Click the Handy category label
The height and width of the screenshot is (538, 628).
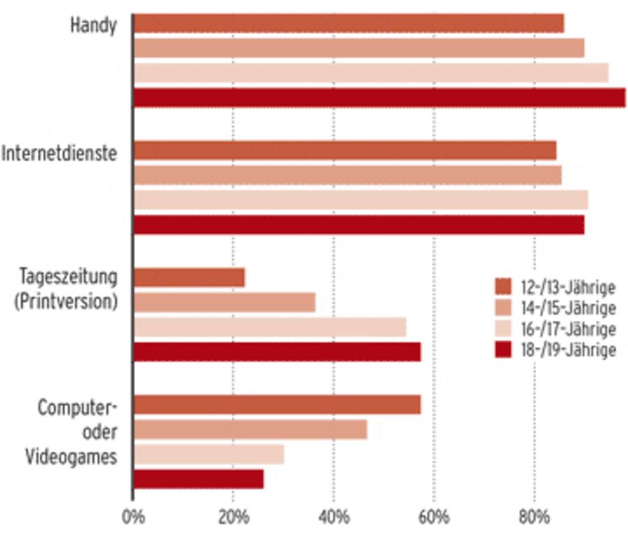(93, 25)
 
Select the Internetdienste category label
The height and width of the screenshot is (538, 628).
(59, 154)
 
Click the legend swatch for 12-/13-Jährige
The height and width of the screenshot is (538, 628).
(503, 287)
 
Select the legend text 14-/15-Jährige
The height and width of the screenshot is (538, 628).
(567, 308)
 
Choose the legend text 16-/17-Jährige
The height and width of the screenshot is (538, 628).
(567, 329)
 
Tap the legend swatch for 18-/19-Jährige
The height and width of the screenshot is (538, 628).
(503, 349)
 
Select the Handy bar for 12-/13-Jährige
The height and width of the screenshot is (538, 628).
(348, 23)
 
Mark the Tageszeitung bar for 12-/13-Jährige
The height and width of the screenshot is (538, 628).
(188, 277)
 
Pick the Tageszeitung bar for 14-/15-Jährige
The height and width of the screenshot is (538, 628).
(224, 303)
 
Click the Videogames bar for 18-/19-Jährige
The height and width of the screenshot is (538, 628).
(198, 479)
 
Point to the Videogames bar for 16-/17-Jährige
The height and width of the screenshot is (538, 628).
(209, 454)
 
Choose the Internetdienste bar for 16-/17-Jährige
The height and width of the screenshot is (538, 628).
(360, 200)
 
